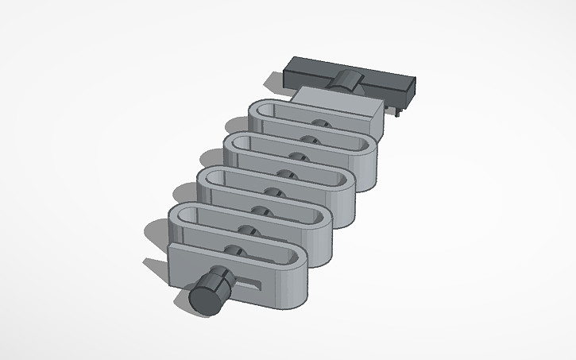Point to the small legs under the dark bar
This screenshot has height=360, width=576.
pyautogui.click(x=395, y=110)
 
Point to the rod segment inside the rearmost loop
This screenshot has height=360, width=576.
pyautogui.click(x=321, y=125)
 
